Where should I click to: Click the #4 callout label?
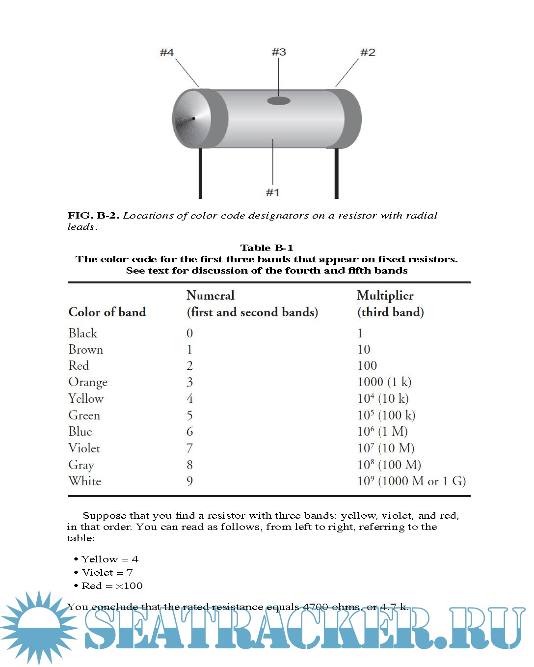[x=167, y=52]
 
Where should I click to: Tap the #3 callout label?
[x=279, y=52]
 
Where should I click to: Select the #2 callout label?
[x=368, y=52]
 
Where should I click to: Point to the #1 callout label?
[x=272, y=192]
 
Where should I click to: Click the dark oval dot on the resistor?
[x=278, y=101]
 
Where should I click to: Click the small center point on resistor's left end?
[x=193, y=118]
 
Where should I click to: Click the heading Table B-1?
[x=267, y=248]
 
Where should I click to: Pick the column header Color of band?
[x=107, y=312]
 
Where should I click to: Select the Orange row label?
[x=88, y=382]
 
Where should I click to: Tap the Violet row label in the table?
[x=84, y=448]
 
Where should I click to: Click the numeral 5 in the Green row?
[x=189, y=416]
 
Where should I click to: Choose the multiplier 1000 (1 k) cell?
[x=384, y=382]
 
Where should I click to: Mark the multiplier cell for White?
[x=411, y=481]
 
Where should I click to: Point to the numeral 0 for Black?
[x=189, y=333]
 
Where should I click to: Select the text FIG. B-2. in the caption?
[x=93, y=215]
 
